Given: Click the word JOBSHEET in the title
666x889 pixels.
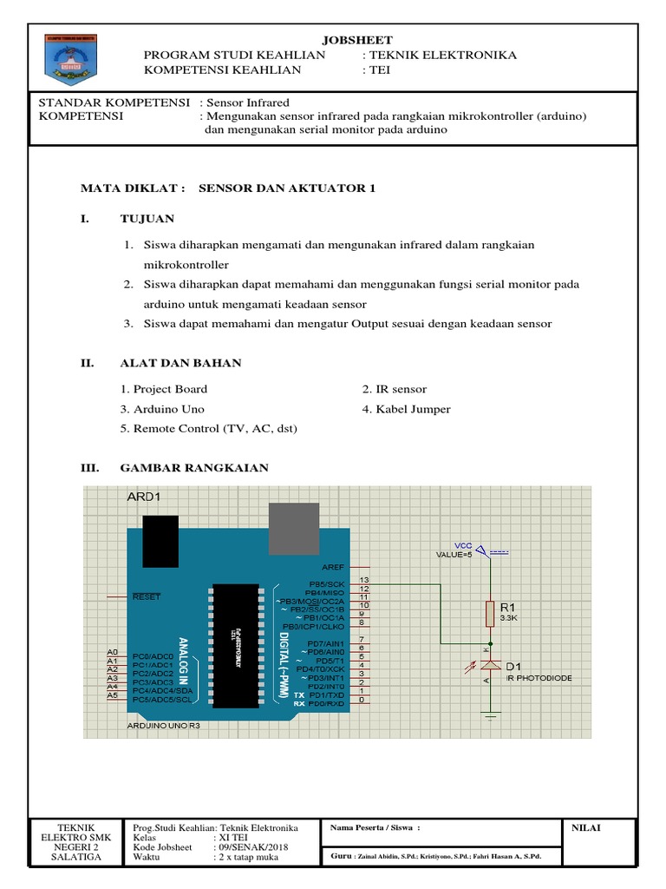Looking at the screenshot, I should (357, 40).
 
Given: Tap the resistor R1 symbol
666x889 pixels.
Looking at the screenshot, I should (490, 612).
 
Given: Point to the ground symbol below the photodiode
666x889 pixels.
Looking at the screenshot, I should (490, 717).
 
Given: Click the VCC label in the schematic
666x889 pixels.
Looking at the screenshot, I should (463, 545).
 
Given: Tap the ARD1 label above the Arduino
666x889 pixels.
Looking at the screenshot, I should (144, 497).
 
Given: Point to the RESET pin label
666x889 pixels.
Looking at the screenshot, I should (147, 597).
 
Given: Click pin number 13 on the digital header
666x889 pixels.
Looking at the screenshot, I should (364, 579).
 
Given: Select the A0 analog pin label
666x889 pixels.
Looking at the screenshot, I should (112, 652).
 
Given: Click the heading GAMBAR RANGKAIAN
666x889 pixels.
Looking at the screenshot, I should (194, 468).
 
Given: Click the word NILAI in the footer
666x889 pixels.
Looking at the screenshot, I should (586, 827).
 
